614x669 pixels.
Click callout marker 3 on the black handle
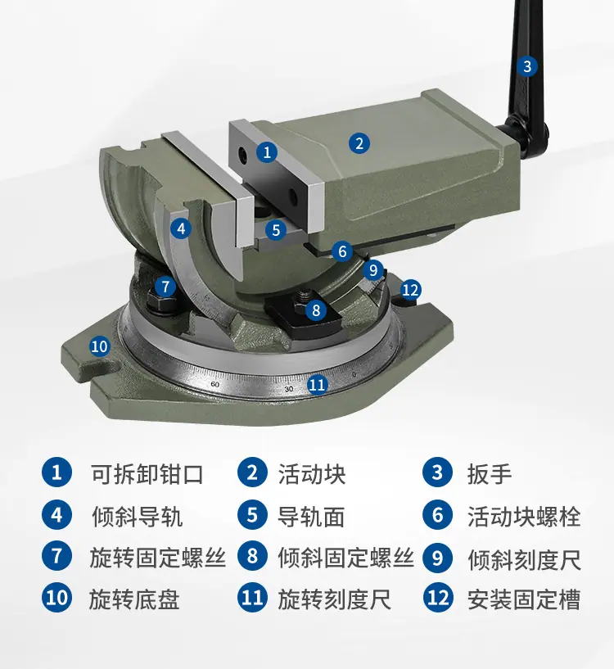coord(527,66)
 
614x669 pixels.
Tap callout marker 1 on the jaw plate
coord(267,151)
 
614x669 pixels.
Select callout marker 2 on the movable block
coord(359,143)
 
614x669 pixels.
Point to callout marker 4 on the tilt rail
coord(181,228)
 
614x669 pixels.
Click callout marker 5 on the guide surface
coord(276,230)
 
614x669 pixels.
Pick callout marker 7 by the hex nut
coord(165,287)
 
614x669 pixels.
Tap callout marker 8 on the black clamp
coord(316,310)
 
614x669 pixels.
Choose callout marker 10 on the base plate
coord(100,346)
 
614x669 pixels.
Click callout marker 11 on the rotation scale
coord(318,385)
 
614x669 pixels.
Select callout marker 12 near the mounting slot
coord(410,290)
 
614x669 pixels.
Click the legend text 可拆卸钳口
coord(147,474)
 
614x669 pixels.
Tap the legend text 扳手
coord(490,474)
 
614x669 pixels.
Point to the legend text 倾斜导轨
coord(137,516)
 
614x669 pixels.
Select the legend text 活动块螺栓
coord(524,516)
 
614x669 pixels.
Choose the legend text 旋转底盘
coord(134,599)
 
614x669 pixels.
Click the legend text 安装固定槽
coord(524,599)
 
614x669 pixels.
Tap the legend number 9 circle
coord(438,557)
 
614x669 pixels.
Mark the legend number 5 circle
coord(252,515)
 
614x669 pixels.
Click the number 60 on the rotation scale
coord(215,384)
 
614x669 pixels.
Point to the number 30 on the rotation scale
coord(289,389)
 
